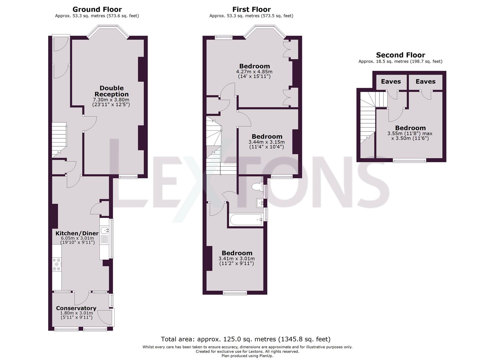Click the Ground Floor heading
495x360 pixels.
click(x=97, y=9)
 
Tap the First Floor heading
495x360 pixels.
click(x=251, y=9)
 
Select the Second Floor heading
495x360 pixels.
click(x=400, y=55)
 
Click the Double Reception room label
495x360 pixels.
click(x=111, y=91)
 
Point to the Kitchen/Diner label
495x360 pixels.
click(x=77, y=233)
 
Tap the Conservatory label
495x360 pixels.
click(x=76, y=308)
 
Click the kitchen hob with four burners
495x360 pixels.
click(x=57, y=264)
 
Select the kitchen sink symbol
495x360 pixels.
click(x=106, y=230)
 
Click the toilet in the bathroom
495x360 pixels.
click(x=257, y=187)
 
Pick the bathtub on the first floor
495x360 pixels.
click(x=245, y=219)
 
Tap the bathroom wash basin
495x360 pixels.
click(x=260, y=202)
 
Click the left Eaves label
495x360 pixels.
click(x=391, y=82)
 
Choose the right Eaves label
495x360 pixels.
click(x=425, y=82)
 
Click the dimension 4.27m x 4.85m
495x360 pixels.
click(x=254, y=72)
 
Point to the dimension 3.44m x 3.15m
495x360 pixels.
click(x=267, y=142)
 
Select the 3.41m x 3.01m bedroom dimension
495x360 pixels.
click(x=237, y=259)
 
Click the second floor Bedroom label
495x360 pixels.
click(x=410, y=128)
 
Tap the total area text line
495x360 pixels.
click(x=246, y=339)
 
